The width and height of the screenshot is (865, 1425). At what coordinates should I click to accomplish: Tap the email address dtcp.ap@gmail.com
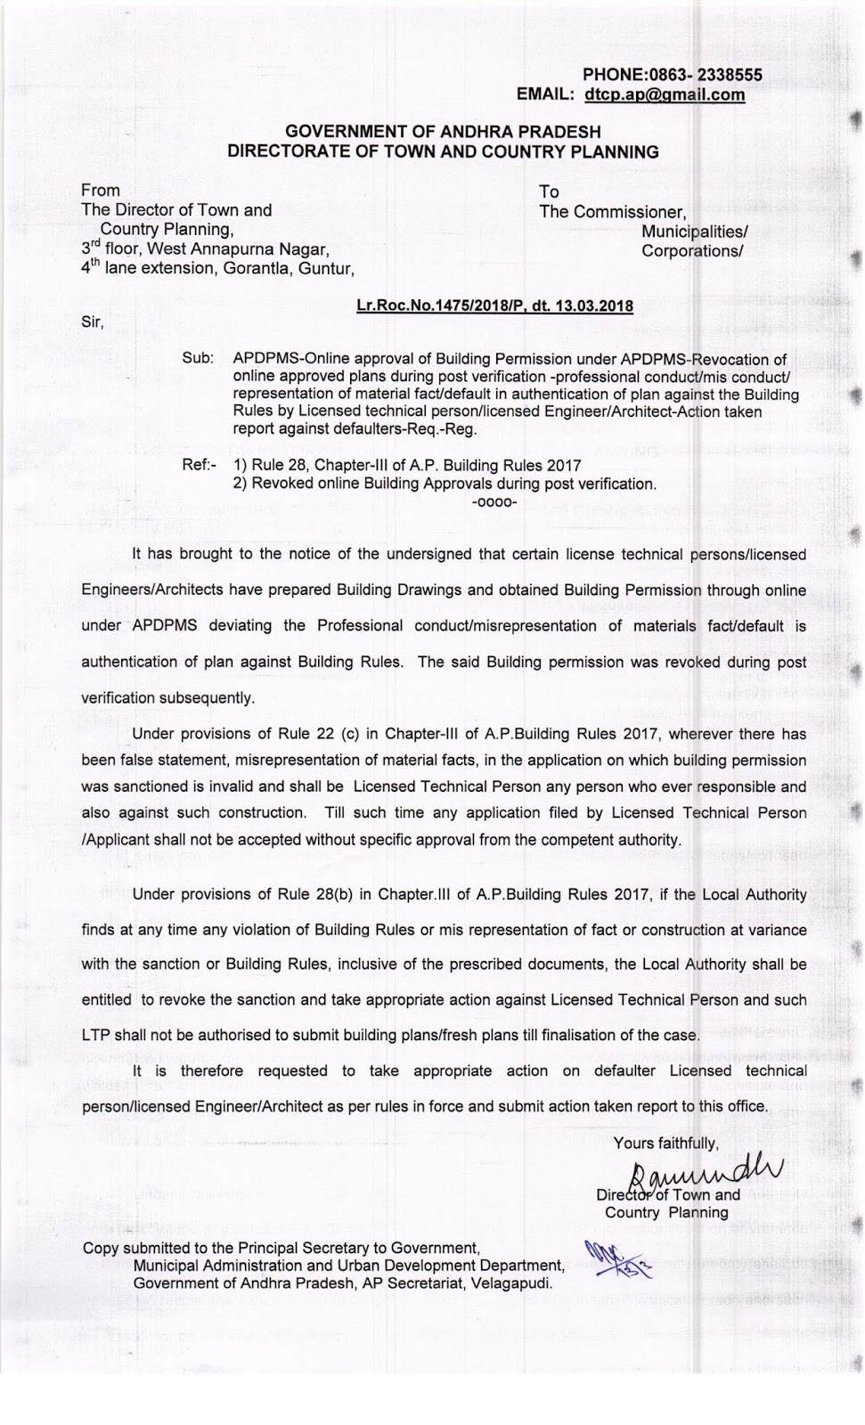tap(665, 94)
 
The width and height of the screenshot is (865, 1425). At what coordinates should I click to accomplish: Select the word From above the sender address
tap(100, 190)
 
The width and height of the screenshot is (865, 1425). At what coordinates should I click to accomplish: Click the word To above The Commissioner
tap(549, 191)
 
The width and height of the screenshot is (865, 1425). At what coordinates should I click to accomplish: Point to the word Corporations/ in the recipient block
tap(692, 251)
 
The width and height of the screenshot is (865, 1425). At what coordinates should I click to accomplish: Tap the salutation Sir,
tap(93, 322)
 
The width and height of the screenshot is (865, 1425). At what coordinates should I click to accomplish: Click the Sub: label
tap(198, 358)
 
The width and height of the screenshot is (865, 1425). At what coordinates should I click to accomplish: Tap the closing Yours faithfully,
tap(665, 1143)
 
